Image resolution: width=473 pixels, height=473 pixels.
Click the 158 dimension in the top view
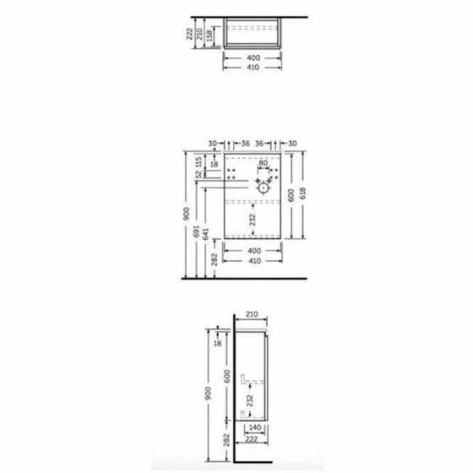(209, 35)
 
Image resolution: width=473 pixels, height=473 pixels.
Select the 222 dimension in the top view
(189, 34)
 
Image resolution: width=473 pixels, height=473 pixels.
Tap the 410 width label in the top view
(253, 68)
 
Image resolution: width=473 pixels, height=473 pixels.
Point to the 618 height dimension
(303, 193)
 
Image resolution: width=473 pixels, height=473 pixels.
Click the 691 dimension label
(197, 231)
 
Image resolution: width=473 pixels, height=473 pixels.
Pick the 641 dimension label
(206, 234)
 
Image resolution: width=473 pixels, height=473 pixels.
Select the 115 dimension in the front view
(198, 162)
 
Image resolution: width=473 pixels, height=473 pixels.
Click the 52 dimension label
(198, 174)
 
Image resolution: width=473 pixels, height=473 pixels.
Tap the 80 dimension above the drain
(263, 163)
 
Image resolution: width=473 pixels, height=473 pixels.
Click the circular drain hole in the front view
(263, 188)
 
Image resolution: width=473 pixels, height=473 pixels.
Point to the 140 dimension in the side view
(255, 427)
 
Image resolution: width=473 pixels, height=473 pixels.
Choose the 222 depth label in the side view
(252, 439)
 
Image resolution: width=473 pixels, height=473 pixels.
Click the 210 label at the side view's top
(252, 314)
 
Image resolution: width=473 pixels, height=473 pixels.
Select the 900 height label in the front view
(187, 214)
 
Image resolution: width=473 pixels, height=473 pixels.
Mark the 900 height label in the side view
(208, 394)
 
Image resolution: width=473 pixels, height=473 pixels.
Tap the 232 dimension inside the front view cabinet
(253, 220)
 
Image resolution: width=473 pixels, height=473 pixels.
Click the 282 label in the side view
(226, 440)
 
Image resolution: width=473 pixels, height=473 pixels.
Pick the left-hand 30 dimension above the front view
(213, 144)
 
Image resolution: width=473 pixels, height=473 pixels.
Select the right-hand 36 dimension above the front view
(259, 144)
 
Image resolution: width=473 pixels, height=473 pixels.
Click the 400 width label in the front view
(254, 251)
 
